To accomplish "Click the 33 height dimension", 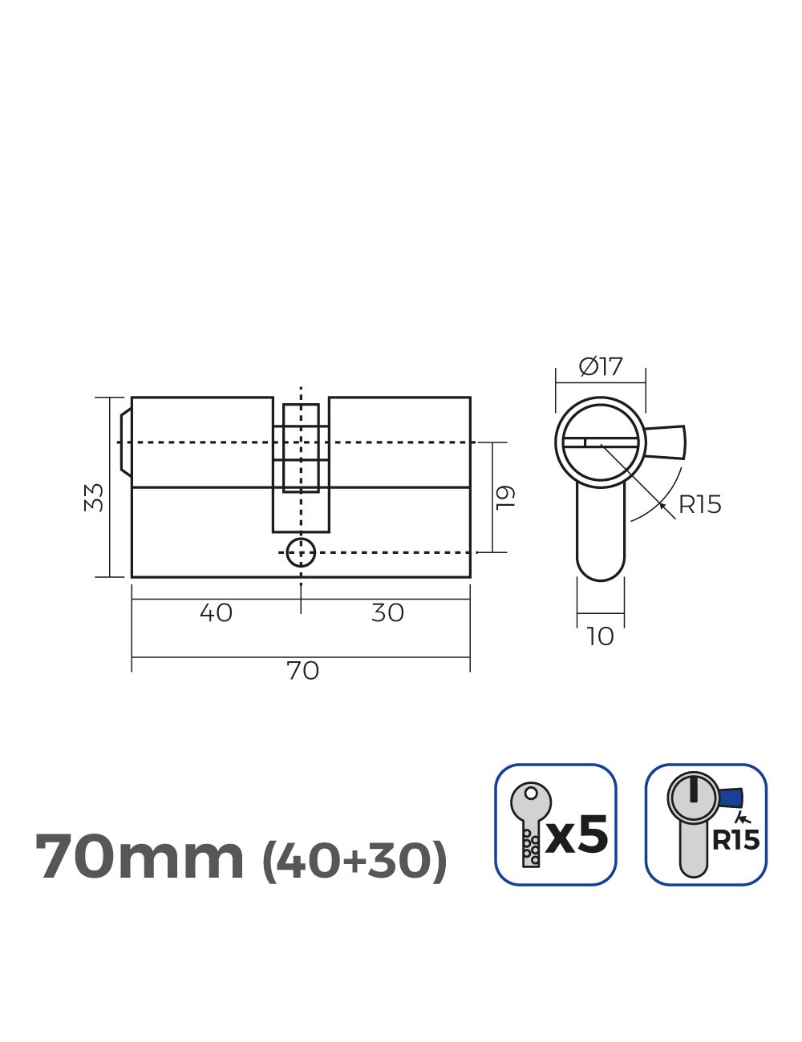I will coord(95,497).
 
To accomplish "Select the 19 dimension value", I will coord(504,497).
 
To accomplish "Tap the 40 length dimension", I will coord(216,613).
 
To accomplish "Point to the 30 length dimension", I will coord(387,613).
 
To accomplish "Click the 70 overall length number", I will coord(302,670).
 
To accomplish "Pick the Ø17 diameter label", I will coord(601,367).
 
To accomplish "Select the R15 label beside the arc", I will coord(699,505).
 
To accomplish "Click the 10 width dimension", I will coord(600,636).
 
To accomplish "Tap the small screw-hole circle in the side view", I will coord(301,552).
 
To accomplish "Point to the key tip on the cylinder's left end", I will coord(125,442).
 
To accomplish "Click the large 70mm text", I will coord(140,858).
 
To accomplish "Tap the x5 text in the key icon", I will coord(577,835).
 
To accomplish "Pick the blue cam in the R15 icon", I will coord(731,798).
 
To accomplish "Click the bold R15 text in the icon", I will coord(735,840).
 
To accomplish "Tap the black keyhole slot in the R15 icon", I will coord(692,792).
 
